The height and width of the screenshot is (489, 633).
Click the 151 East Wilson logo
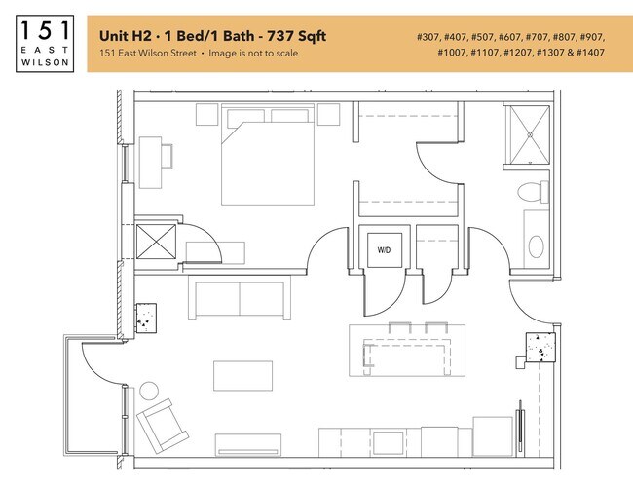(x=43, y=43)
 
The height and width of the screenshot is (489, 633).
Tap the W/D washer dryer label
(x=384, y=250)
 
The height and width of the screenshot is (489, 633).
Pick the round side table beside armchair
(x=149, y=392)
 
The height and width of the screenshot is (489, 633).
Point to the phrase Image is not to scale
(x=255, y=53)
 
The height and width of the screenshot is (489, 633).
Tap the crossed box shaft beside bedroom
(x=155, y=241)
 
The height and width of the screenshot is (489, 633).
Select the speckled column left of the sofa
(x=147, y=314)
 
